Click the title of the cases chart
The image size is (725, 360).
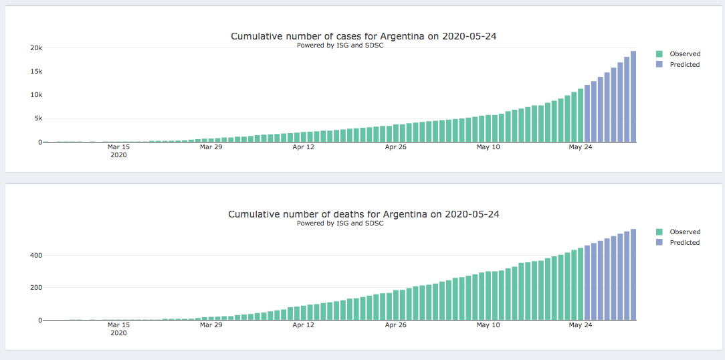363,36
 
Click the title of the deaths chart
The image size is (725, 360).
363,214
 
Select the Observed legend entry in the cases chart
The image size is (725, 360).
684,54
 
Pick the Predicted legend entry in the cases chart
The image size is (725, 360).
684,65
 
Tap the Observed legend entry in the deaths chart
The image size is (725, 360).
684,232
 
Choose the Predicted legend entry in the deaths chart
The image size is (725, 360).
684,243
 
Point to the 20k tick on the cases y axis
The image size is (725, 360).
36,48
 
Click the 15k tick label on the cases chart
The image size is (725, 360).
36,72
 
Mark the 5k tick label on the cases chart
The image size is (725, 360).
38,119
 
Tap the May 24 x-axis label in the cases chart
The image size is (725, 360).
581,147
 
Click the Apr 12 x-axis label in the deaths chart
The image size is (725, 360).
304,325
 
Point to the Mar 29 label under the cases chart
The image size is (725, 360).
211,147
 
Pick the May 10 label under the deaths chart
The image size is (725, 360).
488,325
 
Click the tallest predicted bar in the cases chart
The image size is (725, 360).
633,97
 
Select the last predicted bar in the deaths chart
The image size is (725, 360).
633,274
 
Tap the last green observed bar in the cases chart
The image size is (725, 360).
581,115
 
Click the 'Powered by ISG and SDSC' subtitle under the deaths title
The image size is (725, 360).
340,223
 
